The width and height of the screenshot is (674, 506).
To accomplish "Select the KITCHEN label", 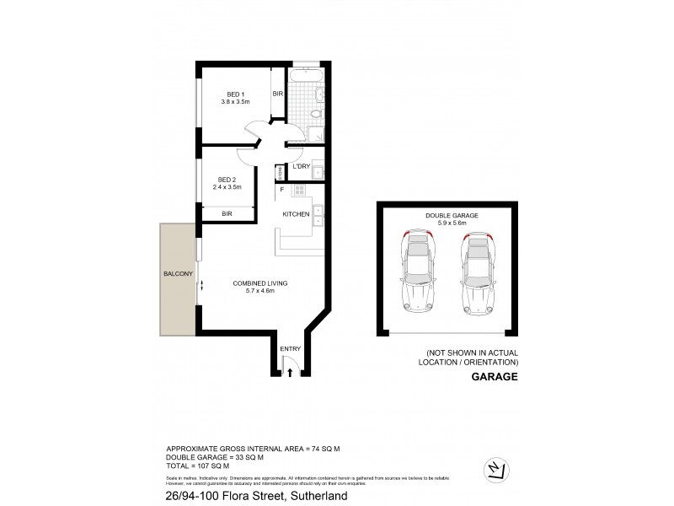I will pos(295,215).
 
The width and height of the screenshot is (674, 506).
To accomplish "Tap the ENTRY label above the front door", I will pos(290,347).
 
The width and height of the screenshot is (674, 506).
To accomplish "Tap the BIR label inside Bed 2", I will pos(227,215).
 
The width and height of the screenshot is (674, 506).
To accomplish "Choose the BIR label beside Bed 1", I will pos(276,94).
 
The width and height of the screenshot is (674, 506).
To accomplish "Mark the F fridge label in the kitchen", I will pos(282,189).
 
